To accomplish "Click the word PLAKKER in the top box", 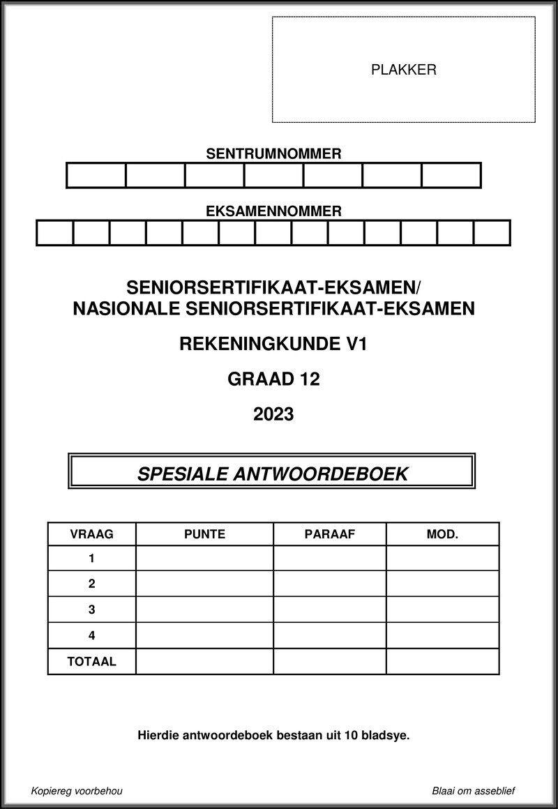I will [x=404, y=70].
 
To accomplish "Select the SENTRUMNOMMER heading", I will [x=273, y=154].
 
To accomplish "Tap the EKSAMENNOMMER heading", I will [x=273, y=211].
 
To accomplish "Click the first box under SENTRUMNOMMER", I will [x=96, y=175].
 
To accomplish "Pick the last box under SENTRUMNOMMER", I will [x=451, y=175].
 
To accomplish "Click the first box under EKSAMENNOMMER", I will [x=55, y=232].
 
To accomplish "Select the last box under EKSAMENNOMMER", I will [x=492, y=232].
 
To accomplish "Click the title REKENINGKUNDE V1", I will [x=273, y=343].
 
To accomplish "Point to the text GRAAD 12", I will [x=273, y=379].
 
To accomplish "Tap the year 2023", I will [x=273, y=415].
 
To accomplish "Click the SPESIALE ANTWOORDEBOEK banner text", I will [x=273, y=474].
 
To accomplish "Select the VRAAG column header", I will [x=91, y=534].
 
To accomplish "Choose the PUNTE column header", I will [x=204, y=534].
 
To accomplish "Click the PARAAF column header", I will [x=330, y=534].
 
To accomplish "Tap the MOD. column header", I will [x=442, y=534].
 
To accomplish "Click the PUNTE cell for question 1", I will [x=204, y=558].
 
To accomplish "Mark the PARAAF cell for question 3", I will [x=330, y=610].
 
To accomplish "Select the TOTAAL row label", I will [x=91, y=662].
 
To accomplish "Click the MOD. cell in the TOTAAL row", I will [x=442, y=662].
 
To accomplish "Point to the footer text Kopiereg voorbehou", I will [x=77, y=791].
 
